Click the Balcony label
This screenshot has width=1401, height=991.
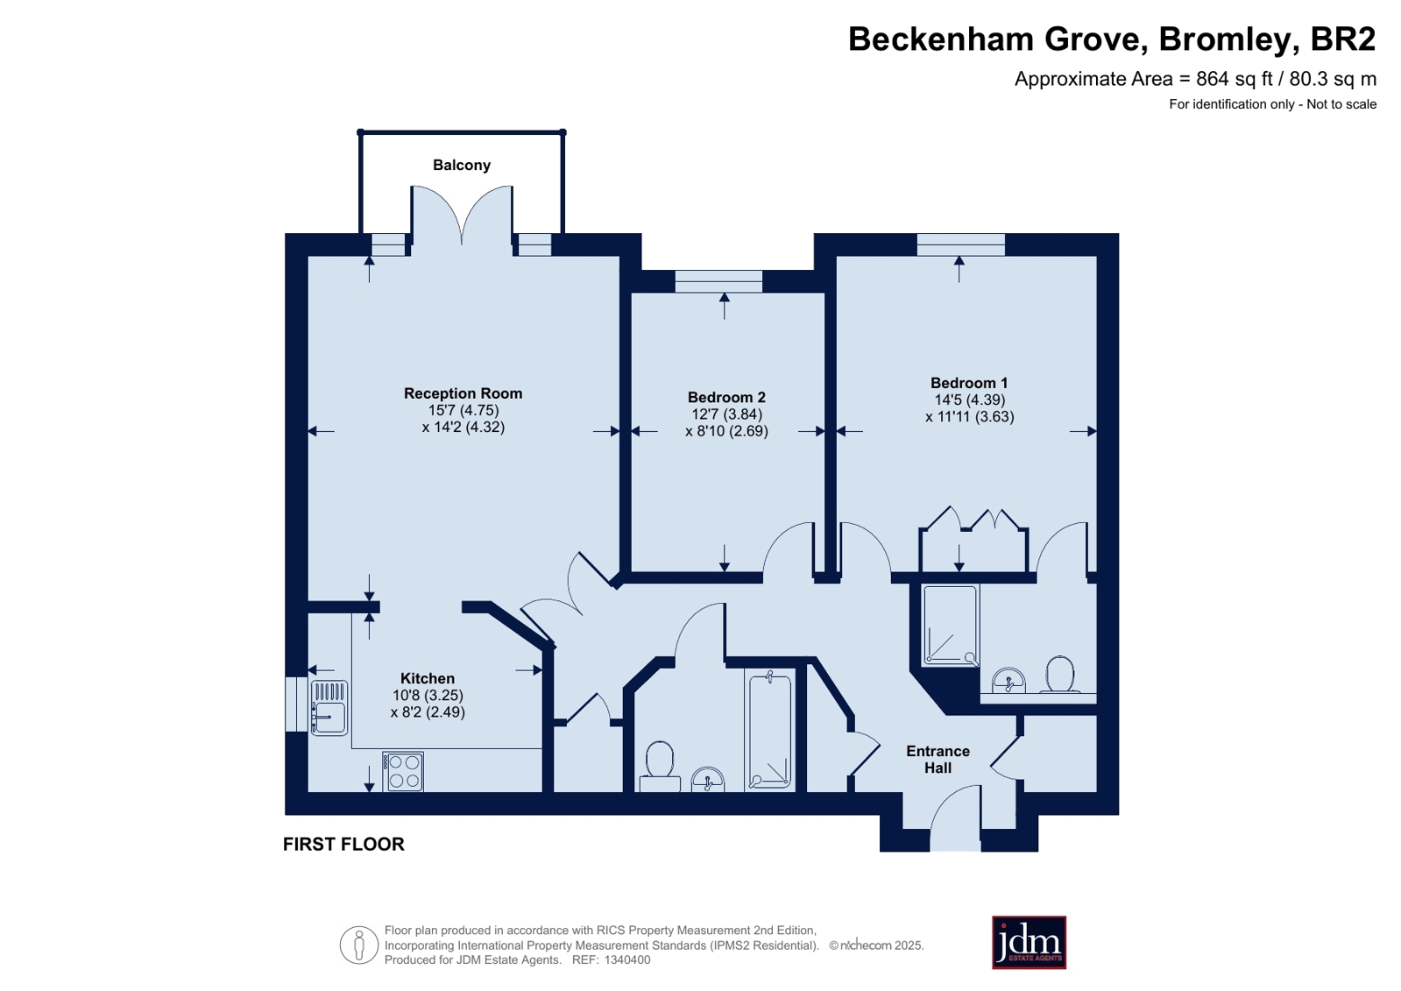[x=462, y=165]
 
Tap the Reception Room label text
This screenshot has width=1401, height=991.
[x=463, y=393]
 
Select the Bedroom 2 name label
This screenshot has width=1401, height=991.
[x=726, y=397]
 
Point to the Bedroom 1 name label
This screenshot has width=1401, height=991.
[x=969, y=383]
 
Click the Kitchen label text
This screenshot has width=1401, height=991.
[x=428, y=678]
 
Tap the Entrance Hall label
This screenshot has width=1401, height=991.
[x=938, y=760]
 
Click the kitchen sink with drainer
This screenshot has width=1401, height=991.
[x=329, y=708]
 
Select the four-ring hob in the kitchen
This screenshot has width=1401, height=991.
[x=403, y=772]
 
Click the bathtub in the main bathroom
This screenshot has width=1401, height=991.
[x=769, y=731]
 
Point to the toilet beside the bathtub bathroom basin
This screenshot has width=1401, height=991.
[x=660, y=767]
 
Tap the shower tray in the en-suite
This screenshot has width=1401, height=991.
[x=950, y=626]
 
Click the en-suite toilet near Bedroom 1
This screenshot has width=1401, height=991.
[x=1060, y=675]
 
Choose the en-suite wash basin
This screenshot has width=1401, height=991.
[x=1008, y=681]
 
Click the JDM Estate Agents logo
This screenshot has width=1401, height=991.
[x=1029, y=942]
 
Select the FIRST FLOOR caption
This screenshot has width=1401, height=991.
[x=343, y=844]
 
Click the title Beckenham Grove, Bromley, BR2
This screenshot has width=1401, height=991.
[x=1111, y=39]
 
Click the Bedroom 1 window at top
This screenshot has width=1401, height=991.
[x=960, y=244]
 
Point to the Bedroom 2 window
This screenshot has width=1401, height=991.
[x=718, y=281]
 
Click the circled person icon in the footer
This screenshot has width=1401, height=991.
[x=359, y=945]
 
